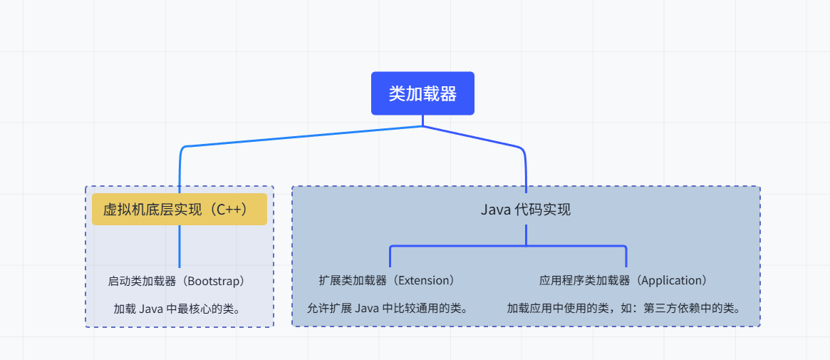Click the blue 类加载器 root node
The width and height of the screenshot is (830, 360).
pyautogui.click(x=422, y=93)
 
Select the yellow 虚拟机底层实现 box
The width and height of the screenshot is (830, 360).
pyautogui.click(x=179, y=210)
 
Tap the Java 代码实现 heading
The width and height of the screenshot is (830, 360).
pyautogui.click(x=526, y=210)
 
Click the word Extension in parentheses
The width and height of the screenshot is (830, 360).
pyautogui.click(x=423, y=281)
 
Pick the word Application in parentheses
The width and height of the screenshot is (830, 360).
pyautogui.click(x=672, y=281)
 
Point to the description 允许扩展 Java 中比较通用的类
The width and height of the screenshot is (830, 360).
pyautogui.click(x=388, y=309)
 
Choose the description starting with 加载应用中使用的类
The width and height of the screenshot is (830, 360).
pyautogui.click(x=624, y=309)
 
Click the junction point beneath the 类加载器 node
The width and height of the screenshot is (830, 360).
pyautogui.click(x=422, y=126)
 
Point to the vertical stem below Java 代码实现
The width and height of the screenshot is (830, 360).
pyautogui.click(x=526, y=235)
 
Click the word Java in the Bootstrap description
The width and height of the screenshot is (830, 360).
pyautogui.click(x=150, y=309)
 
